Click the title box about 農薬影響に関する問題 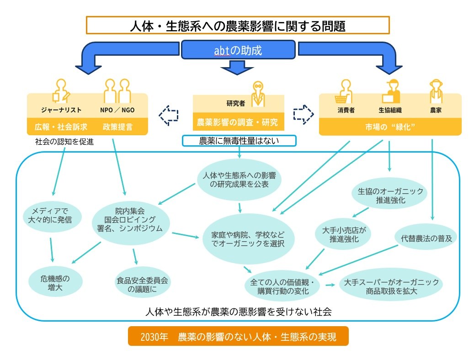click(x=237, y=25)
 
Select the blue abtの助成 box click(x=238, y=50)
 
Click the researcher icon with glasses click(x=258, y=93)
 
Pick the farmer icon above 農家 click(x=435, y=91)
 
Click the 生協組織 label click(x=390, y=111)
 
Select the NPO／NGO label click(x=117, y=111)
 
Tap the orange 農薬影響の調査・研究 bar click(x=238, y=123)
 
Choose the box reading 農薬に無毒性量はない click(x=239, y=141)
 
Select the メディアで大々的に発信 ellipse click(x=52, y=215)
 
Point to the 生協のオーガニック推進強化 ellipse click(x=389, y=195)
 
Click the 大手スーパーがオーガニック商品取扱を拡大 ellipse click(x=392, y=286)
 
